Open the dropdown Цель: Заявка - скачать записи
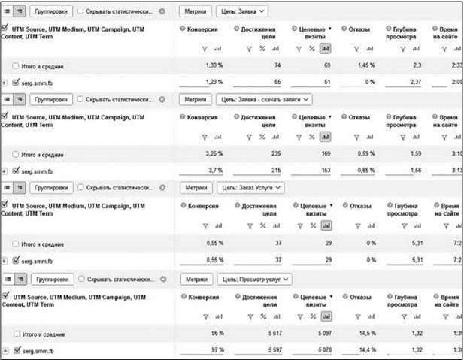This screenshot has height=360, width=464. coord(262,99)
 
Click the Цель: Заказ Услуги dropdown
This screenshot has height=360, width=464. coord(250,187)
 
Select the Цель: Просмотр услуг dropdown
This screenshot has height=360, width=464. coord(254,279)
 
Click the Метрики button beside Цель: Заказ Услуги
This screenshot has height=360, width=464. coord(196,187)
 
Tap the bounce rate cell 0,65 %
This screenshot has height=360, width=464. coord(365,171)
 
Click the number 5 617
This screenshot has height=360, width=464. coord(261,334)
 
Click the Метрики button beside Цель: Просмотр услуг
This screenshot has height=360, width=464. coord(196,279)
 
